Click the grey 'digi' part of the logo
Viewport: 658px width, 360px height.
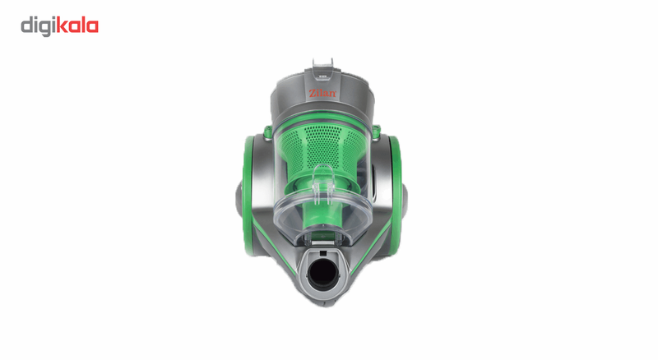pyautogui.click(x=38, y=27)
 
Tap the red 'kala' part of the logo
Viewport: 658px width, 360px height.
pyautogui.click(x=77, y=25)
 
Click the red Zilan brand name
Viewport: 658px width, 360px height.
pyautogui.click(x=322, y=93)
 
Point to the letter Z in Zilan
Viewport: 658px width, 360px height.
pyautogui.click(x=313, y=93)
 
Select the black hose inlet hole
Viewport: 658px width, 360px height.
pyautogui.click(x=322, y=275)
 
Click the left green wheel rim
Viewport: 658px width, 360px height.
pyautogui.click(x=247, y=195)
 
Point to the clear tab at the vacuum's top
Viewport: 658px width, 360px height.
pyautogui.click(x=322, y=67)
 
